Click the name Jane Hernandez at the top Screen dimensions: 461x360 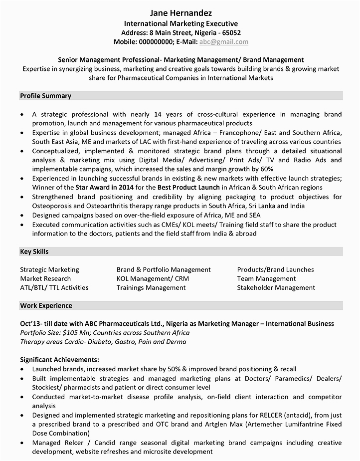tap(180, 12)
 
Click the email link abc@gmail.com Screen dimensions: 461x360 tap(223, 42)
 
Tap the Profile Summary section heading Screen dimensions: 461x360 tap(45, 96)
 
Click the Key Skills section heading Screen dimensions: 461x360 tap(34, 252)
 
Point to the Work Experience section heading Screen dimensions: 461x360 tap(46, 306)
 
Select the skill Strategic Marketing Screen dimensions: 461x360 tap(49, 269)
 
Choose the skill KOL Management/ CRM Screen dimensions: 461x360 tap(153, 278)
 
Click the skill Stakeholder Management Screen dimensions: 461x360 tap(276, 287)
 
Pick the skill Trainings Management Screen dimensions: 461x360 tap(151, 287)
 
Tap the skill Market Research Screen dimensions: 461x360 tap(45, 278)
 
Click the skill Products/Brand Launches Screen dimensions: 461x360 tap(275, 269)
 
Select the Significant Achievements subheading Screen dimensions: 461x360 tap(60, 359)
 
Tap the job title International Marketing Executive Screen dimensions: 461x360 tap(180, 23)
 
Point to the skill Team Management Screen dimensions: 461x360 tap(266, 278)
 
